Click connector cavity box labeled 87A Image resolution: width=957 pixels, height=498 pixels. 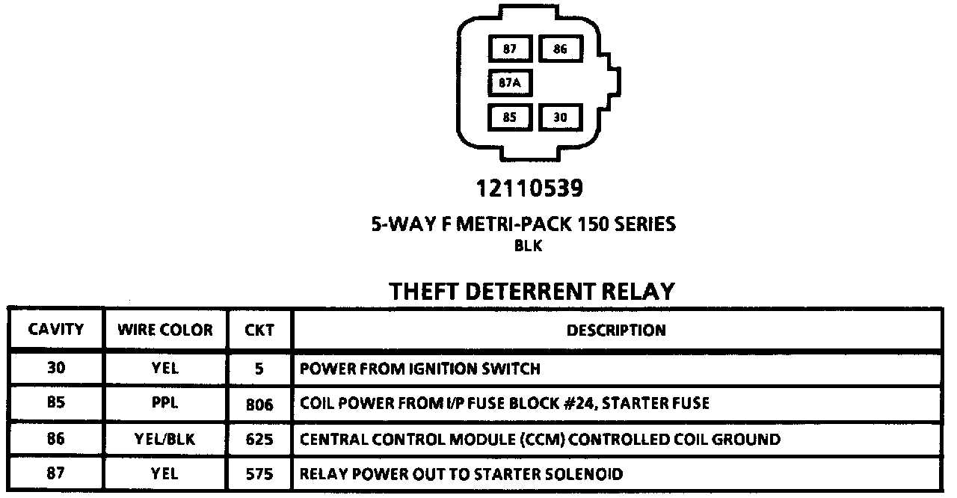click(510, 83)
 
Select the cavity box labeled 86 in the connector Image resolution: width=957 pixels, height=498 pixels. click(561, 49)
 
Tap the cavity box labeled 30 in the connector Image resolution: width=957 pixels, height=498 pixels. click(561, 117)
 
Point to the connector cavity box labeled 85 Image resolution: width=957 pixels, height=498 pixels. click(510, 117)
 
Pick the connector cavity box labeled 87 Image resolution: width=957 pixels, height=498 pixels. click(510, 49)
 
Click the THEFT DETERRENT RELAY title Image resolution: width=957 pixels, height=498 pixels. click(532, 291)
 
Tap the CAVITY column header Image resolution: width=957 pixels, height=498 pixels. click(56, 330)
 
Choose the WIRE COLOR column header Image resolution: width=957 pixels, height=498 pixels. click(164, 330)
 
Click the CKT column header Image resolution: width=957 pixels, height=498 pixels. click(259, 330)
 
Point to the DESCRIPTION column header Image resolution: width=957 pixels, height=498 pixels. click(616, 330)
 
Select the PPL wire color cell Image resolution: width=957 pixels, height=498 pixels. click(164, 404)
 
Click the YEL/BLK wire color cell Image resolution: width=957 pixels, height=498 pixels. click(164, 439)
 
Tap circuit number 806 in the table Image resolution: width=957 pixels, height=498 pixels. click(259, 405)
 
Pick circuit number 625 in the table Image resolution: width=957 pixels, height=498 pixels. click(259, 440)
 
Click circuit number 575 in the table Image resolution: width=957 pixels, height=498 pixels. click(259, 474)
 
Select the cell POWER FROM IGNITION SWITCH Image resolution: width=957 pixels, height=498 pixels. click(419, 369)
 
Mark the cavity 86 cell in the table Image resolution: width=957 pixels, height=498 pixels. click(56, 439)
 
